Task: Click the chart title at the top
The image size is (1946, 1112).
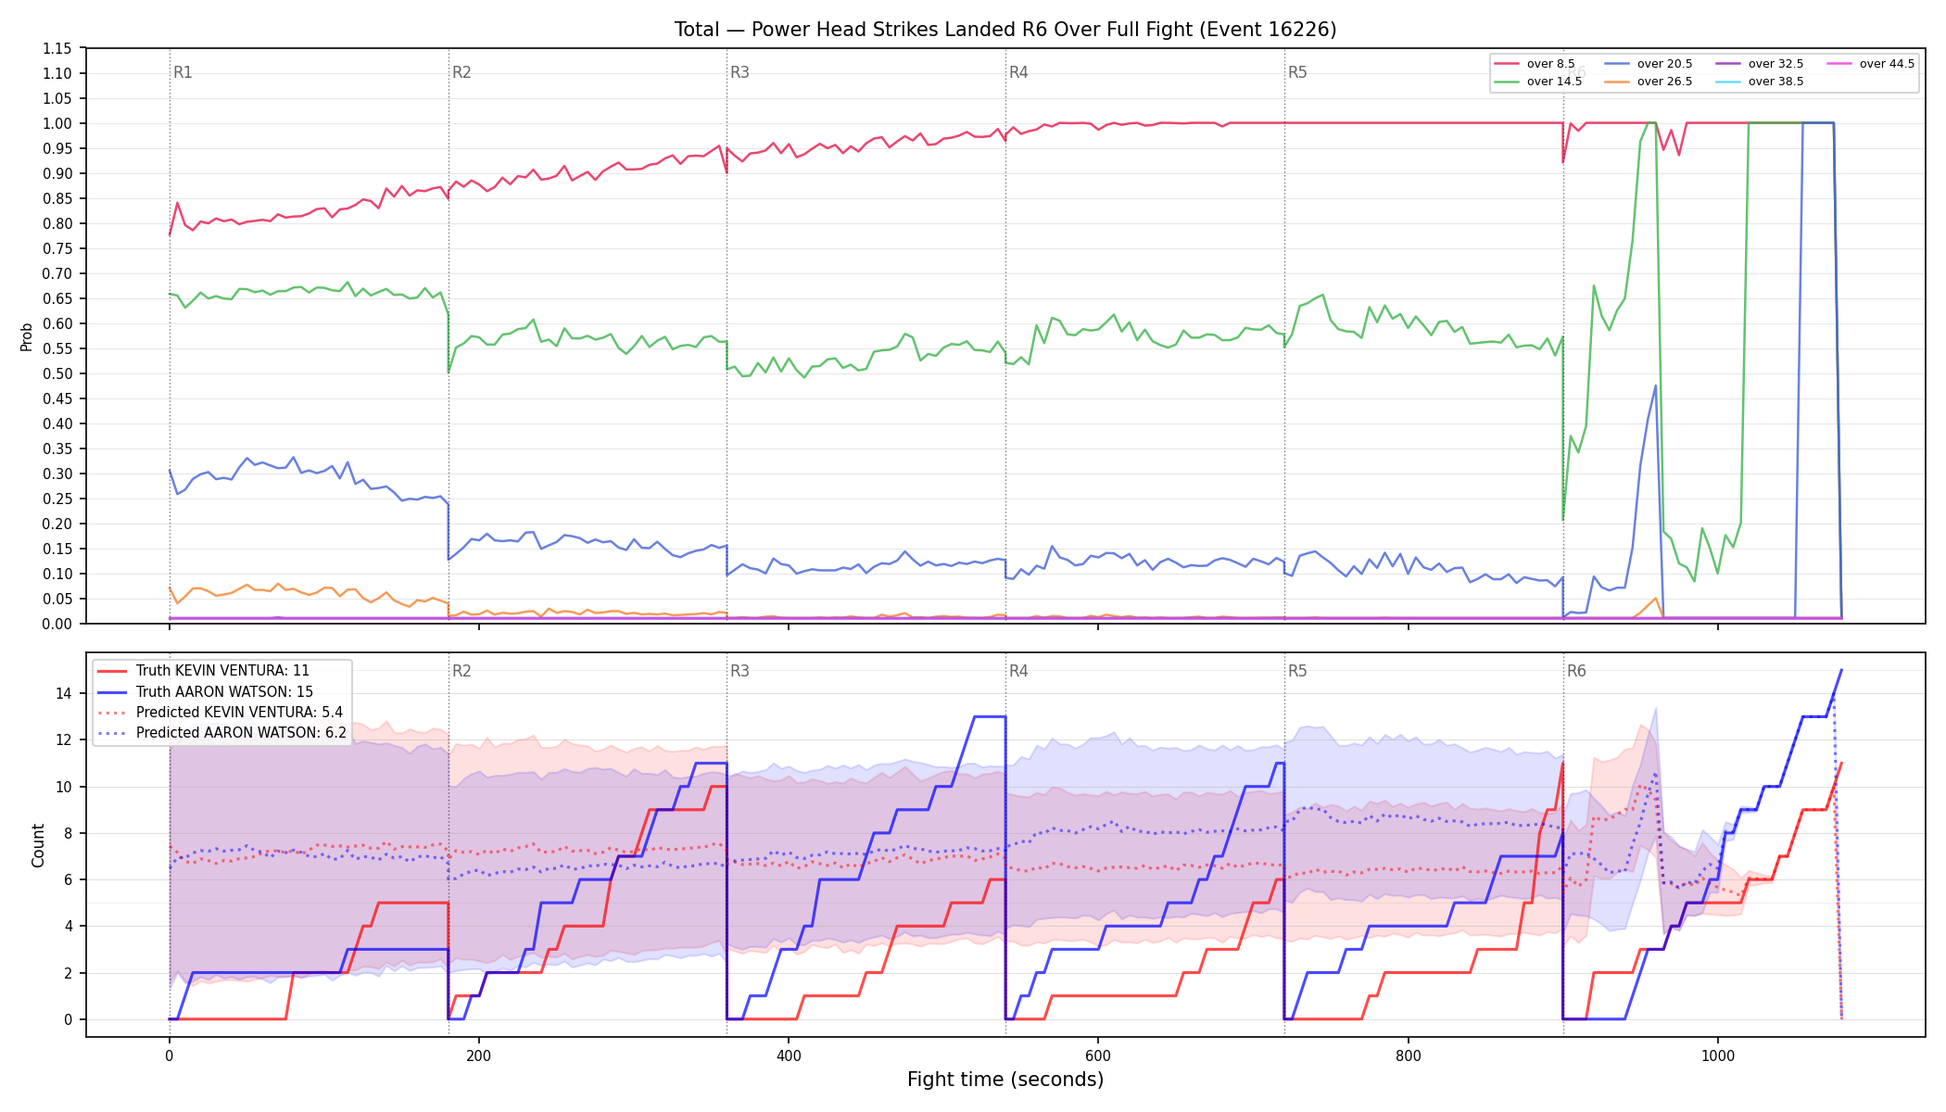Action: pyautogui.click(x=1005, y=30)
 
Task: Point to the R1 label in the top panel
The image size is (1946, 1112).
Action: pyautogui.click(x=183, y=72)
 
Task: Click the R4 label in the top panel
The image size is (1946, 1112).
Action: pyautogui.click(x=1018, y=72)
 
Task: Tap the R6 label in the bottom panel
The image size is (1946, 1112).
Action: pyautogui.click(x=1576, y=671)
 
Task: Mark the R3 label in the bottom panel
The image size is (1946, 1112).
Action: pyautogui.click(x=739, y=671)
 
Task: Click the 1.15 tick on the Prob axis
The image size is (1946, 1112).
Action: pyautogui.click(x=57, y=48)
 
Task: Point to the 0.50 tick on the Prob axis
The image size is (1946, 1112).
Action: pyautogui.click(x=57, y=373)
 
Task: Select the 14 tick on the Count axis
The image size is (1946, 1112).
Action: pyautogui.click(x=64, y=693)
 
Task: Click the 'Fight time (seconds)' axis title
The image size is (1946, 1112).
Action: pyautogui.click(x=1005, y=1080)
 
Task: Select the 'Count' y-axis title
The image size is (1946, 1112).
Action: pyautogui.click(x=38, y=845)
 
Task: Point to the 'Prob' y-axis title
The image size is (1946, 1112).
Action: pyautogui.click(x=26, y=336)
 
